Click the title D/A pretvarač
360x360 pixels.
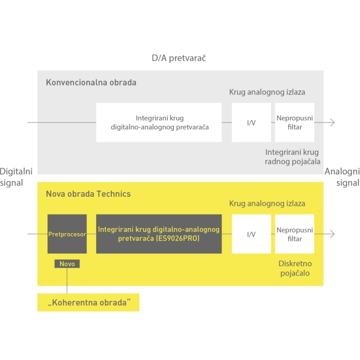pos(180,58)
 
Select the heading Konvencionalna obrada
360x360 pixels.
pos(91,82)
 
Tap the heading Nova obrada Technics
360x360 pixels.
pos(88,193)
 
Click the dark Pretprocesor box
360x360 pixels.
pos(67,234)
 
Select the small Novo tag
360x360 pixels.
pos(67,263)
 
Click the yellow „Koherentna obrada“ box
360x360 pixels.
pos(88,302)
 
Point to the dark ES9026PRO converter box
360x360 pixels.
pos(159,234)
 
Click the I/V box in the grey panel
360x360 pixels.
pos(251,122)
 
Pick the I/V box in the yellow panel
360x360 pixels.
pos(251,234)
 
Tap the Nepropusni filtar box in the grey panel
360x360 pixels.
pos(294,122)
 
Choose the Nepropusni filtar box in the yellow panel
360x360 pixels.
pos(294,234)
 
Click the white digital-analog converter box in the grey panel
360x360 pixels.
pos(159,122)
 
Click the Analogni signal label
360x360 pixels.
pos(342,177)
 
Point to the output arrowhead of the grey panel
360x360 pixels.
pos(333,122)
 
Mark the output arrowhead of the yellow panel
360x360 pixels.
pos(333,234)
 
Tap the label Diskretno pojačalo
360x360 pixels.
pos(293,268)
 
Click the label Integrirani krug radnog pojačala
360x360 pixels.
pos(292,157)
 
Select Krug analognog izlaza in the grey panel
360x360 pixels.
pos(267,92)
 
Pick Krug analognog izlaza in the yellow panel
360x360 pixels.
pos(267,204)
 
